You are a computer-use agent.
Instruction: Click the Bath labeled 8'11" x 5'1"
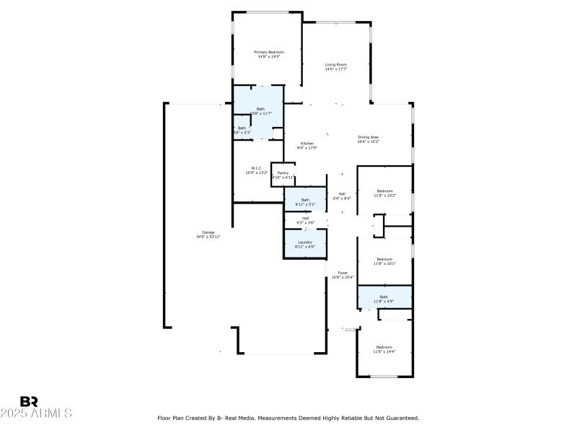tap(305, 201)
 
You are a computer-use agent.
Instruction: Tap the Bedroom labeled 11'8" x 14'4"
tap(384, 349)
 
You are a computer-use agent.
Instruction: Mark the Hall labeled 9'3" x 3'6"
tap(305, 220)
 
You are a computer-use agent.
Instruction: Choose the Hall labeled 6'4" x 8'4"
tap(342, 196)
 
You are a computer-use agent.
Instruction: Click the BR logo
tap(29, 401)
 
